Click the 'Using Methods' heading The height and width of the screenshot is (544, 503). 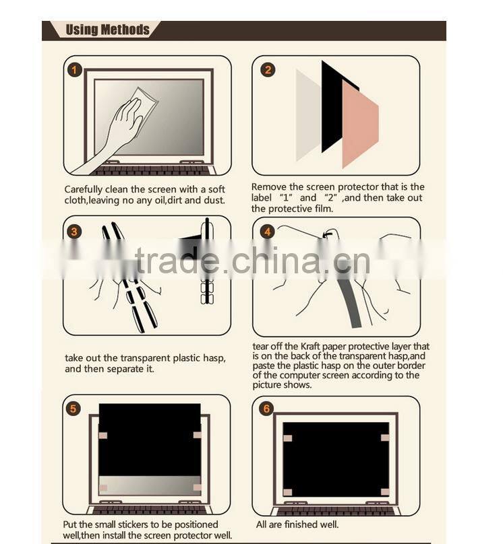107,30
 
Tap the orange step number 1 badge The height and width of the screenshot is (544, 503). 75,69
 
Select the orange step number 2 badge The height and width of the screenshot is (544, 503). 268,70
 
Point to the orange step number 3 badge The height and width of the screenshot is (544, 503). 74,232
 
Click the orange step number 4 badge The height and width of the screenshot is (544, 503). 268,232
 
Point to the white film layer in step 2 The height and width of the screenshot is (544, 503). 307,114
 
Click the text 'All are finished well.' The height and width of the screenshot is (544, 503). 297,524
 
